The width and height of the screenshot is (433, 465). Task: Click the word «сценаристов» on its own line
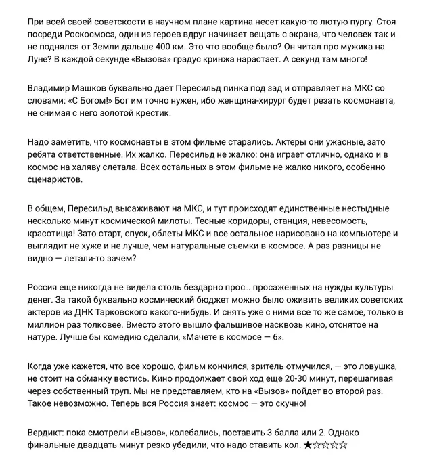(55, 181)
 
